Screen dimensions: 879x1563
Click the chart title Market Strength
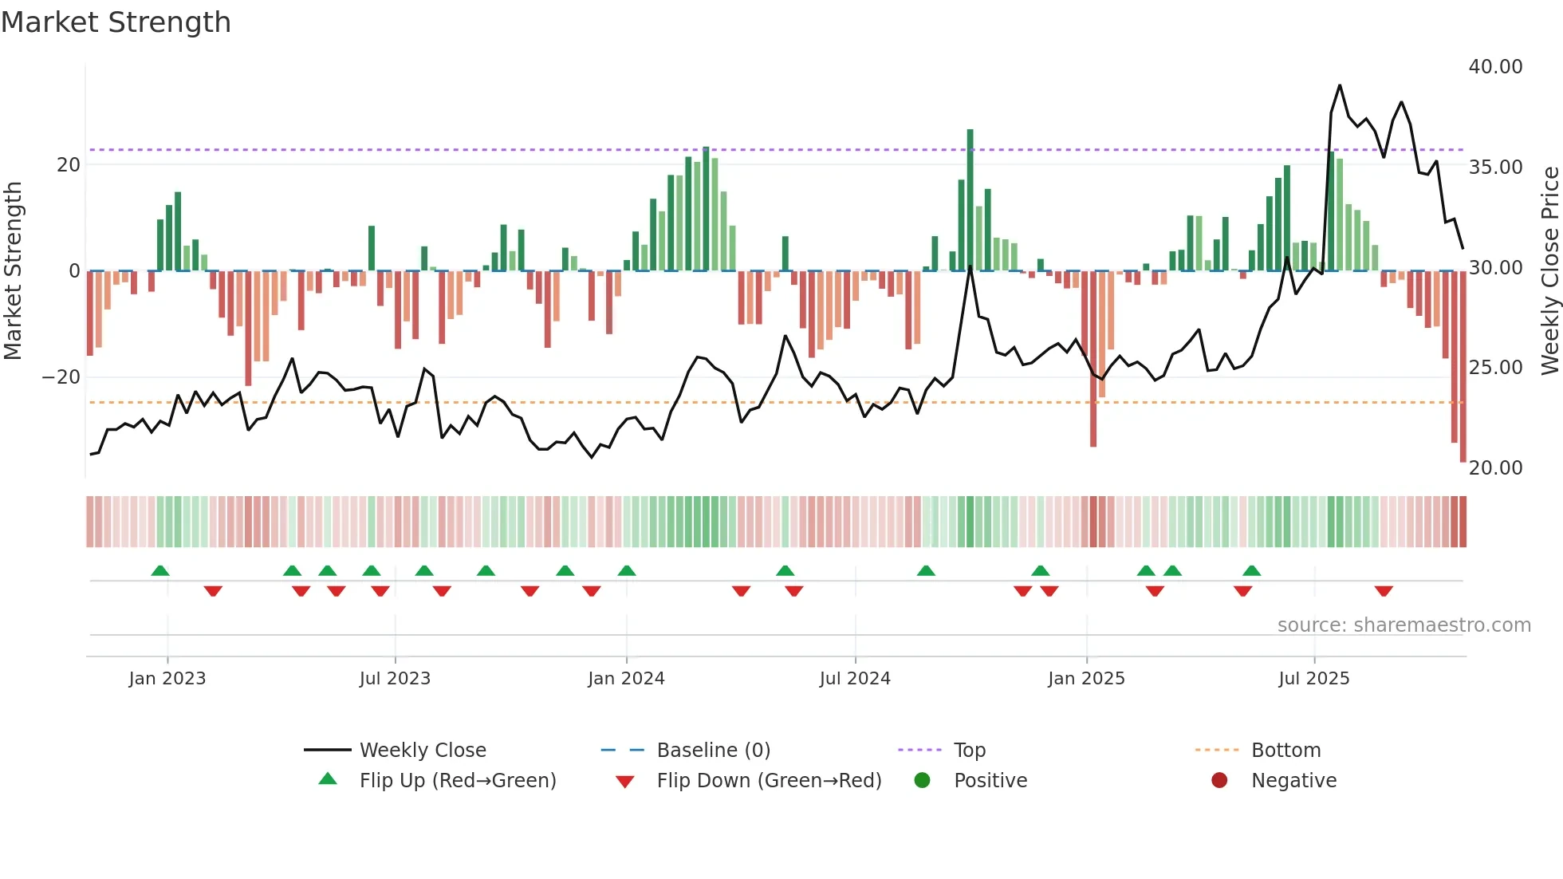(x=116, y=22)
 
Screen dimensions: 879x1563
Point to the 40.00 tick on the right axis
(x=1495, y=67)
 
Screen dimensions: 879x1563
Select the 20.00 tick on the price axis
(x=1495, y=468)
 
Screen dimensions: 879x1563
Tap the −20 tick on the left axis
(x=61, y=377)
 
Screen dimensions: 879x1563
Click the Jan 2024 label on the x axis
(x=626, y=679)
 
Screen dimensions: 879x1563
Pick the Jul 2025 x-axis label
(x=1313, y=679)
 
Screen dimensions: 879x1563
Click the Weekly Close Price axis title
(x=1549, y=271)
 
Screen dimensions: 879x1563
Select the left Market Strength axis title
(x=14, y=271)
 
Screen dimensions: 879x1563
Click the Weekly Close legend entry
(x=422, y=751)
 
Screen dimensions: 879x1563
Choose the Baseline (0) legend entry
(x=713, y=751)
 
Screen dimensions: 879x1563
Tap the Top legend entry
(x=969, y=751)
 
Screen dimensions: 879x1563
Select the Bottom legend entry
(x=1285, y=751)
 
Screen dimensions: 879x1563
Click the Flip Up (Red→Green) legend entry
(x=457, y=781)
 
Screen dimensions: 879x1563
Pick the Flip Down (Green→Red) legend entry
(x=769, y=781)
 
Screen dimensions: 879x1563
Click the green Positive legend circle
(x=923, y=781)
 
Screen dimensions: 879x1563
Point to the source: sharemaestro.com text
(x=1404, y=625)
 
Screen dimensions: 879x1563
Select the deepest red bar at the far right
(x=1463, y=367)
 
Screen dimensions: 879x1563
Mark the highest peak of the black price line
(x=1340, y=85)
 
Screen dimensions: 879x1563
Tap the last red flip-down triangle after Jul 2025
(x=1384, y=591)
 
